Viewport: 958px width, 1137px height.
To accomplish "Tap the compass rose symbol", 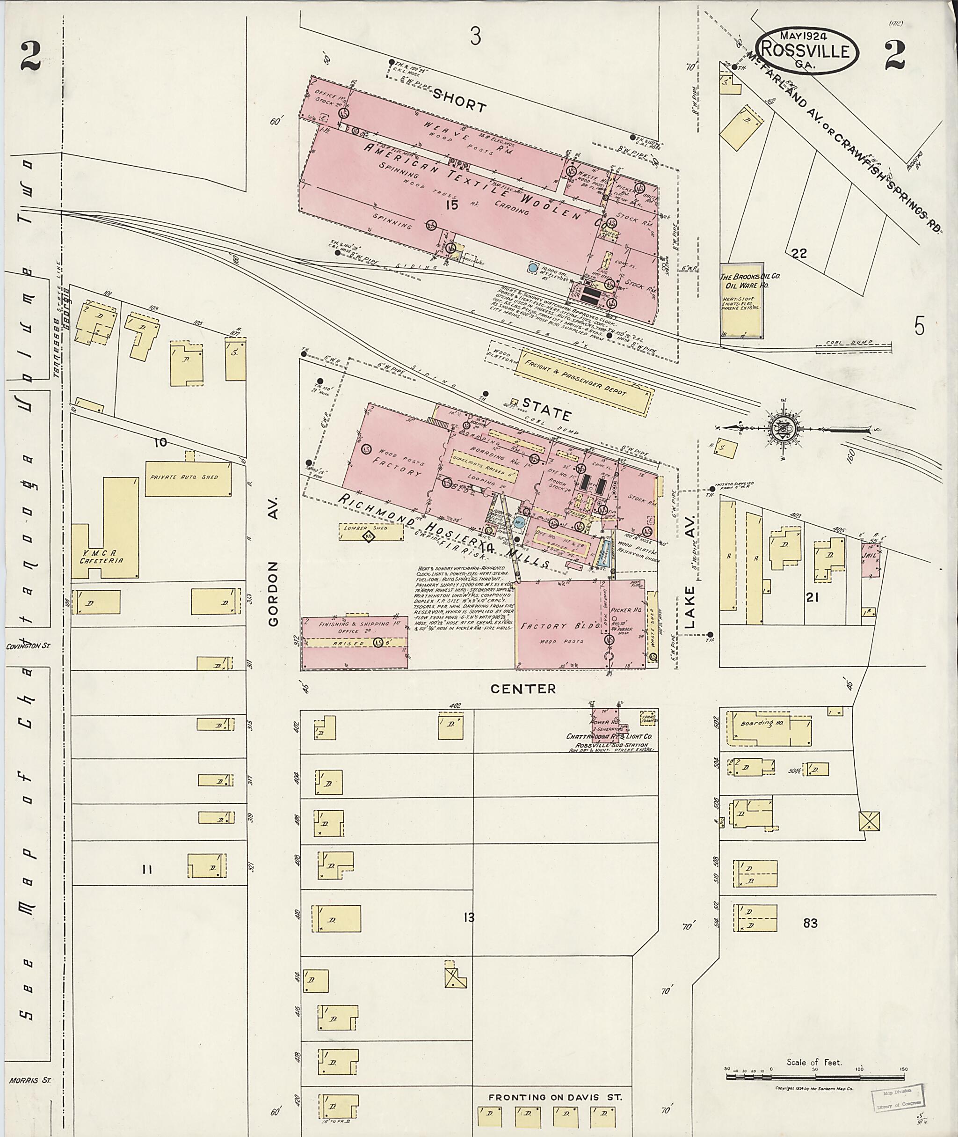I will point(783,429).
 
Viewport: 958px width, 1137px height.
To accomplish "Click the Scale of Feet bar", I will point(814,1068).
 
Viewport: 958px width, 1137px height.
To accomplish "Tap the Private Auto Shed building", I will point(188,478).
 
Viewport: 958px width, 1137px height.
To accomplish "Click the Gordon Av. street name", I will point(273,560).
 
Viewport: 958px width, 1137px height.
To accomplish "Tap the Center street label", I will point(523,689).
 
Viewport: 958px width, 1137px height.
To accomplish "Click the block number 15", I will point(450,205).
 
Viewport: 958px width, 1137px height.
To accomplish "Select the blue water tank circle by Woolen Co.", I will point(533,267).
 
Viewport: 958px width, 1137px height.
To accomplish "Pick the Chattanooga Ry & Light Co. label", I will point(609,736).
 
